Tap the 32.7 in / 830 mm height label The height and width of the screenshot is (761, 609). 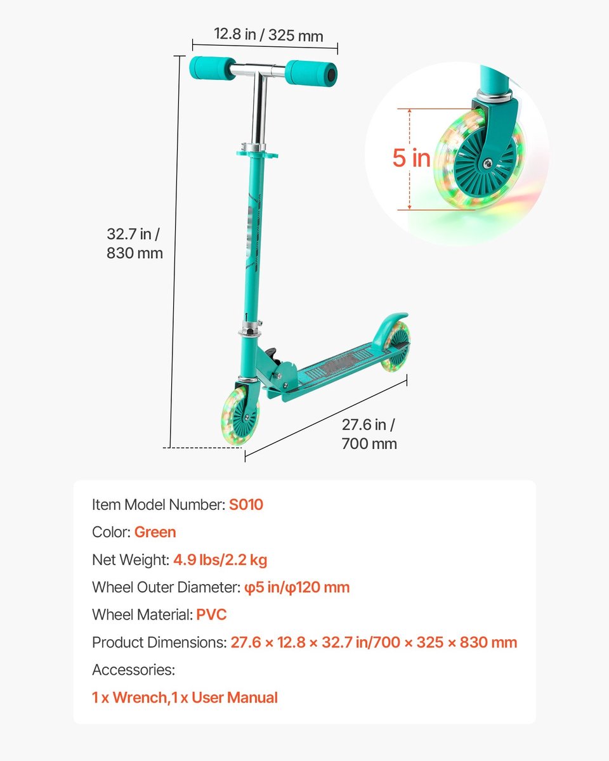click(x=134, y=244)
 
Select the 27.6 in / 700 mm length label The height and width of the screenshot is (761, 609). click(x=369, y=434)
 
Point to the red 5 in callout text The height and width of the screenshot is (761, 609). click(x=411, y=158)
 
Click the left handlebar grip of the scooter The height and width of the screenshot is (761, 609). click(x=207, y=67)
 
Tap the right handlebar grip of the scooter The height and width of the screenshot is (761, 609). click(x=310, y=72)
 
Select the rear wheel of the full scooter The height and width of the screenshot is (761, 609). click(x=396, y=346)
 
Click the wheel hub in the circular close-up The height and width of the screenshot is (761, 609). click(x=486, y=164)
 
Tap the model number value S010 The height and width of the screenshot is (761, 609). click(x=246, y=505)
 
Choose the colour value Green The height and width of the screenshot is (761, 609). click(x=155, y=532)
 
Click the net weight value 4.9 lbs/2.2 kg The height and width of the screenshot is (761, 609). click(x=220, y=560)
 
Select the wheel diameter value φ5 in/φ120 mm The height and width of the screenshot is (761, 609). click(x=297, y=587)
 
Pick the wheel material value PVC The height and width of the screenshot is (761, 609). click(x=211, y=615)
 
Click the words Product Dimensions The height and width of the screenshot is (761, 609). click(x=159, y=642)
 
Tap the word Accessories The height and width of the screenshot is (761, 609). click(x=133, y=670)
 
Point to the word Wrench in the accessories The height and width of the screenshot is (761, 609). click(x=140, y=698)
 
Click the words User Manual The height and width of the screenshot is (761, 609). click(x=235, y=698)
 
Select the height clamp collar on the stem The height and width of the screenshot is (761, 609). click(x=258, y=153)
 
